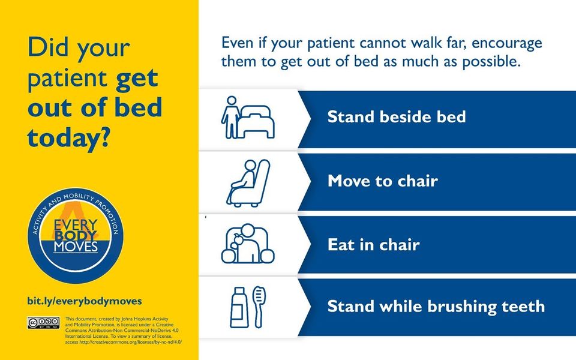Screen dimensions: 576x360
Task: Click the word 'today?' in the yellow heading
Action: click(x=68, y=138)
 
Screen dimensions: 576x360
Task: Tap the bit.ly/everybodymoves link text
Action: click(x=85, y=301)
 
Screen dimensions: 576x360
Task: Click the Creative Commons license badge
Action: click(x=43, y=323)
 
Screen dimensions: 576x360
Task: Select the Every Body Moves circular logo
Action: click(x=76, y=235)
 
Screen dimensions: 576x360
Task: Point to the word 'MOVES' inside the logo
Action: click(x=76, y=247)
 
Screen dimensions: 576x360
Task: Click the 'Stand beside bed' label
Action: click(x=397, y=117)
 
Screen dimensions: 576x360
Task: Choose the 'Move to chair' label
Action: click(x=382, y=181)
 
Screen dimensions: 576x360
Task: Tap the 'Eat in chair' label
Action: click(x=373, y=245)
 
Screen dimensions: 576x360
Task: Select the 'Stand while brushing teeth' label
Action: click(x=436, y=307)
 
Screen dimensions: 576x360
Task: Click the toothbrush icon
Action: click(x=259, y=307)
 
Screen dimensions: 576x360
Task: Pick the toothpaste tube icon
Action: click(x=239, y=307)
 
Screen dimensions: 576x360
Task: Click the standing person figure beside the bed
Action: click(x=230, y=117)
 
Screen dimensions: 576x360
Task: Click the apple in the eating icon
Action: click(x=238, y=239)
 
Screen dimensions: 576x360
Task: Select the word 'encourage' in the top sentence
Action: click(x=506, y=43)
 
